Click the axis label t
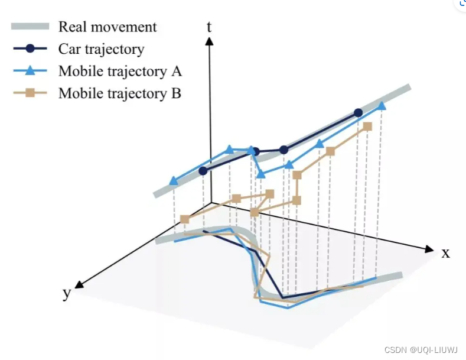(x=209, y=26)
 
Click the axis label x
(x=446, y=253)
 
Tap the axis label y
(x=67, y=294)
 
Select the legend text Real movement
(x=107, y=27)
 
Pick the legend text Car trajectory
(x=101, y=48)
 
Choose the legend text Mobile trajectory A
(x=120, y=71)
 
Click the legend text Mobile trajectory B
(x=119, y=93)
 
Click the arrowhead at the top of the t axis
(x=209, y=41)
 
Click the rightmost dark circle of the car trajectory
(x=358, y=113)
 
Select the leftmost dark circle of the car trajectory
(x=204, y=171)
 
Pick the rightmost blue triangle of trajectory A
(x=382, y=106)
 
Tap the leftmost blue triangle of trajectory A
(x=173, y=181)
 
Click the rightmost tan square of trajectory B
(x=368, y=127)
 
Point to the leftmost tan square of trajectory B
(x=184, y=219)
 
